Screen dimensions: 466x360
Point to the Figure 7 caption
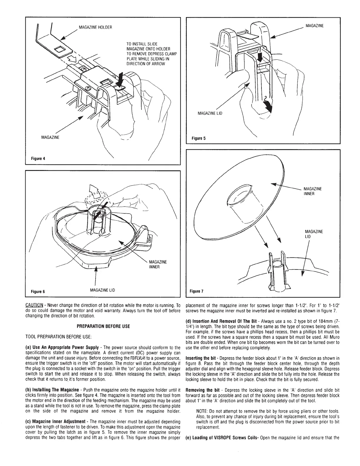pos(197,292)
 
